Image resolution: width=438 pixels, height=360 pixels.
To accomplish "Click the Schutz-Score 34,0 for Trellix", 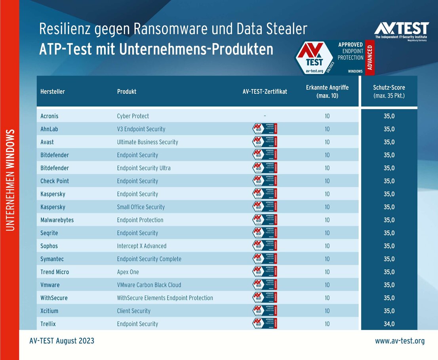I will click(389, 324).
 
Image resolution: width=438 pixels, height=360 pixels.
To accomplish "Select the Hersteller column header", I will click(53, 91).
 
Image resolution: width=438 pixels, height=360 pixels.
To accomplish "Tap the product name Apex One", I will click(128, 272).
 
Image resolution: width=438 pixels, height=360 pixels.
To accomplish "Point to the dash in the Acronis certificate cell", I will click(265, 116).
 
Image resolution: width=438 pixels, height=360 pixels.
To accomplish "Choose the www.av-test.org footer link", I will click(400, 341).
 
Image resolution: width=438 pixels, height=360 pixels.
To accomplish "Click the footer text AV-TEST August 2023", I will click(62, 341).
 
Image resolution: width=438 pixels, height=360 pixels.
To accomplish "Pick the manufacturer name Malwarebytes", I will click(57, 220).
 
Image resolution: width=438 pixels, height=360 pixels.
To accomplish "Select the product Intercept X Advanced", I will click(142, 246).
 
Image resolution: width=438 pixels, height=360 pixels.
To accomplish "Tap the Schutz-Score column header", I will click(389, 91).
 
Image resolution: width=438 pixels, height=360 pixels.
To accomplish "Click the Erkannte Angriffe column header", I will click(327, 91).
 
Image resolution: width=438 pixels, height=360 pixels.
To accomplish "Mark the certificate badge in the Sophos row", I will click(265, 246).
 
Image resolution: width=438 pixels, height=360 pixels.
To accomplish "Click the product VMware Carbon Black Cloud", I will click(149, 285).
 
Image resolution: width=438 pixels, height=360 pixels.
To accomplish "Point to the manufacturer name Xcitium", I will click(50, 311).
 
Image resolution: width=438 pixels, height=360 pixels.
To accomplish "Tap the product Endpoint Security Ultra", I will click(144, 168).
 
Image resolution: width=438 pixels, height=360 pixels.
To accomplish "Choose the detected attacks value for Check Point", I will click(327, 181).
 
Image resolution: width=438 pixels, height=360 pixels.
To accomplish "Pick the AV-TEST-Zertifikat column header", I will click(265, 91).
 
